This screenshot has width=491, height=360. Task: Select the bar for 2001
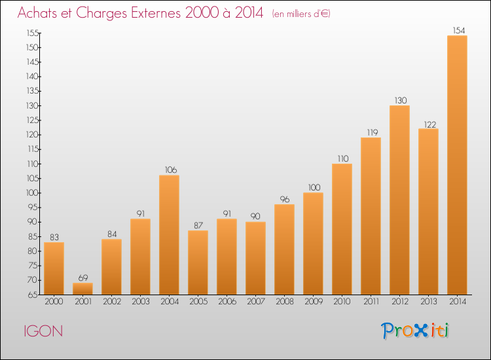82,289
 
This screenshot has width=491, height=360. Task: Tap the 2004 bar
169,235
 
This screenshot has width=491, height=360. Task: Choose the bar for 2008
284,249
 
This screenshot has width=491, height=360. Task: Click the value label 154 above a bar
457,30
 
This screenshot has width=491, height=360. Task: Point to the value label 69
82,278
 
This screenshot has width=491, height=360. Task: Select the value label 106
169,170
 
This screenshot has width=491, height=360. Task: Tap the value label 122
428,124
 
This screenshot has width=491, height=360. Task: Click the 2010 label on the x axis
342,302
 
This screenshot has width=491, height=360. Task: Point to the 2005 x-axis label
198,302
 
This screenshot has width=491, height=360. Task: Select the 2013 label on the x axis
428,302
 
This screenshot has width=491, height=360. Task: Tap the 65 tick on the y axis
33,295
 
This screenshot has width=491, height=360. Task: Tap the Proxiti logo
415,331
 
